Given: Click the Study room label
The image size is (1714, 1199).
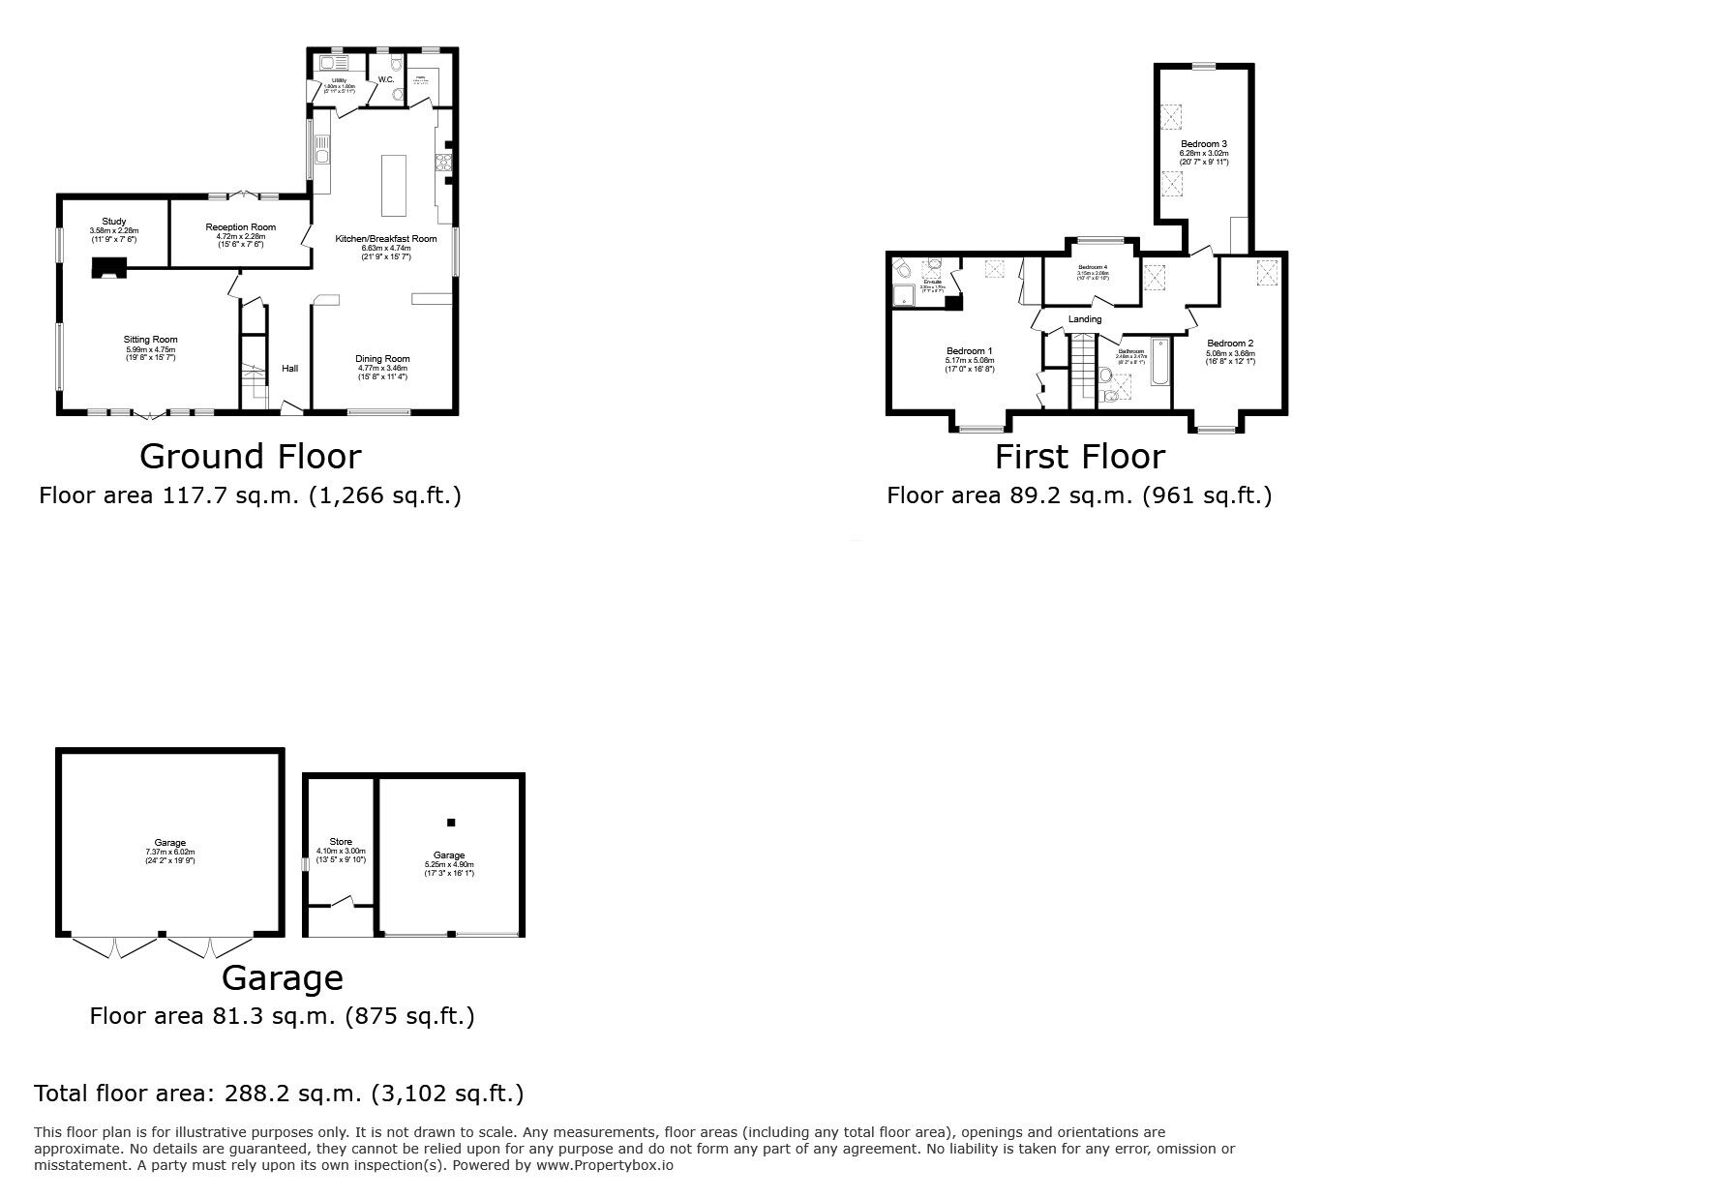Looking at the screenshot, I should pos(114,222).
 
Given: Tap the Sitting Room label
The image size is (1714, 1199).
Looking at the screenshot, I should pos(150,340).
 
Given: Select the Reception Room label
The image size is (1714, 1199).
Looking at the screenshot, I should pos(240,227).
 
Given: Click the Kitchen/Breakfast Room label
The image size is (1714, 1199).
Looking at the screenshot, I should pos(386,238).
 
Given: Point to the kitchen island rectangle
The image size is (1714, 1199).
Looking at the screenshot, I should pos(394,185).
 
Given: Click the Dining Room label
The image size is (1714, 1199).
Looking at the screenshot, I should pos(384,359).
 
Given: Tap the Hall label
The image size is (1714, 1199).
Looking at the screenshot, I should pos(289,369).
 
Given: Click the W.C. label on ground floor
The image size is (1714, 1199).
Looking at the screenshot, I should pos(385,80).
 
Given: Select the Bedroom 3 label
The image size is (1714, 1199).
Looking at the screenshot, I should pos(1203,144).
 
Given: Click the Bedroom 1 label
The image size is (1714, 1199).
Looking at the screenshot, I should pos(969,351).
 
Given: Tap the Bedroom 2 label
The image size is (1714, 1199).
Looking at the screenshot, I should pos(1230,344).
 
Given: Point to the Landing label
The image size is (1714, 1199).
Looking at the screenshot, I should pos(1084,319).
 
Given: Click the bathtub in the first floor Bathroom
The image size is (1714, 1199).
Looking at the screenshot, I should pos(1160,363).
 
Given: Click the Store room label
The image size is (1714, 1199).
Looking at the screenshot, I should pos(341,842).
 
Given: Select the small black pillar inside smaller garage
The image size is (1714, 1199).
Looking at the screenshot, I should pos(451,823).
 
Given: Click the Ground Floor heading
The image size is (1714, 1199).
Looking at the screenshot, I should pos(250,456).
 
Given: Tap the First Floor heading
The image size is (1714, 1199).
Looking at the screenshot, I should pos(1079,456).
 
